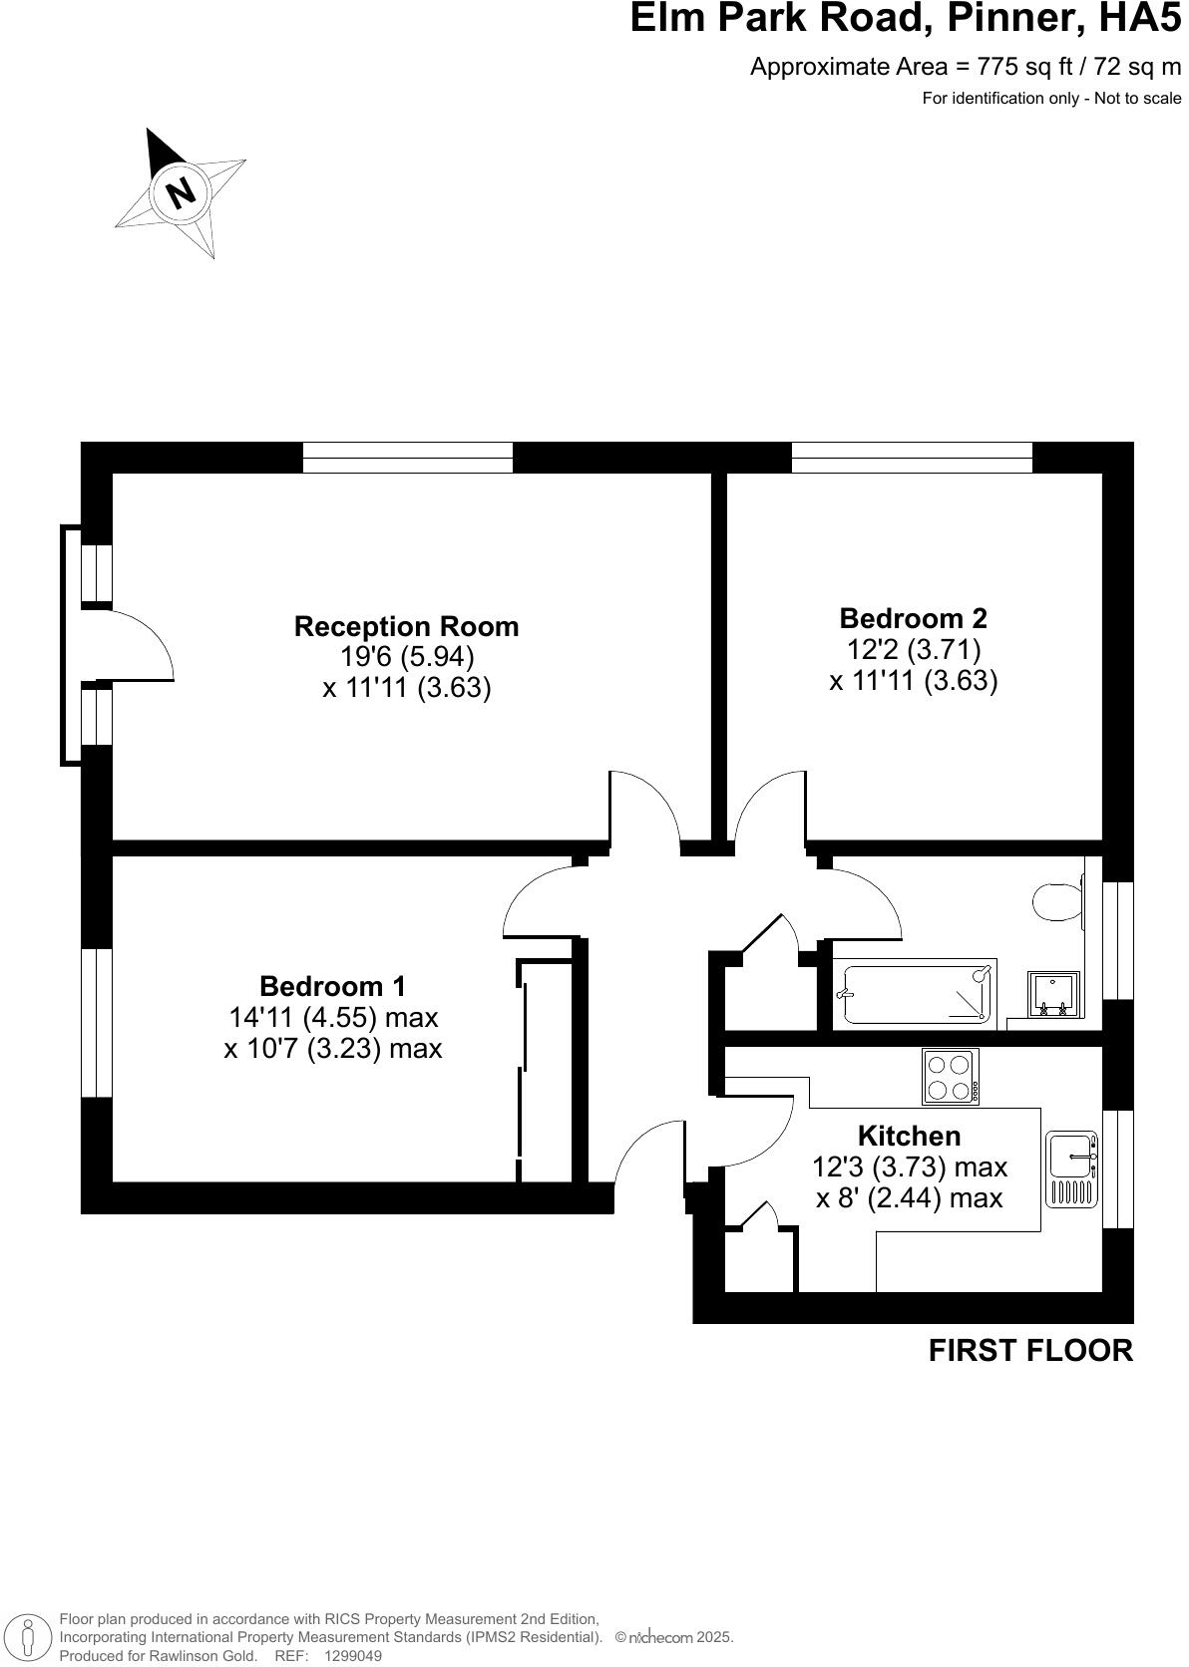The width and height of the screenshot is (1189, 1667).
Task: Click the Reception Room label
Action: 406,626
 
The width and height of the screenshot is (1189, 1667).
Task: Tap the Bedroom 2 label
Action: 913,618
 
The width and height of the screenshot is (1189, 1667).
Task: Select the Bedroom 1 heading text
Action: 332,986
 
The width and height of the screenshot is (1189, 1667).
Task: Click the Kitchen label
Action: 909,1136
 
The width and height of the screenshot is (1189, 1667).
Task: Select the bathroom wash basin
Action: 1054,995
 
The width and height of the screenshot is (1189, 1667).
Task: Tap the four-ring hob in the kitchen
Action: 950,1077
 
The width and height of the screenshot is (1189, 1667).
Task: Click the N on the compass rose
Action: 181,191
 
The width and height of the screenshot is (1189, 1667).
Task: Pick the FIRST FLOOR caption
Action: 1030,1350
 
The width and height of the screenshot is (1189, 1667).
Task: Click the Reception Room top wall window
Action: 407,458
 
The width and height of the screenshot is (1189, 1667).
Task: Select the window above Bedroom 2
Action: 912,458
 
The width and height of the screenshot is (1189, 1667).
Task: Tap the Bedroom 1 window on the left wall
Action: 96,1022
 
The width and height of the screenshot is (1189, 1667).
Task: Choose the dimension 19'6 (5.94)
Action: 406,657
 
